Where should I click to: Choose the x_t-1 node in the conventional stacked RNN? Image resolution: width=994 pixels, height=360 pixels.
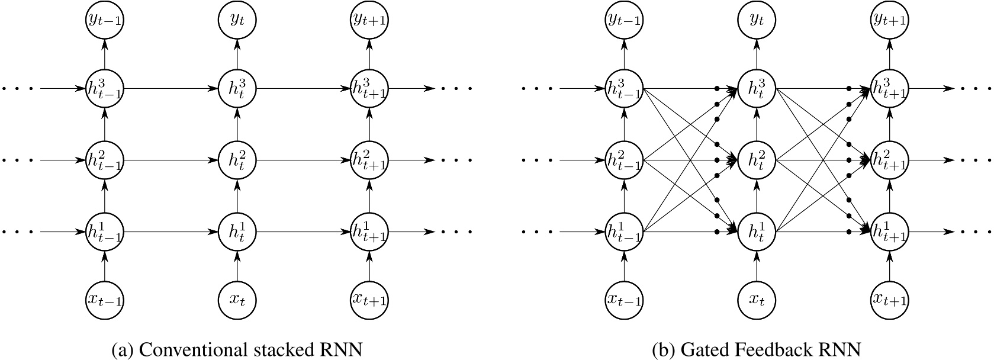(104, 299)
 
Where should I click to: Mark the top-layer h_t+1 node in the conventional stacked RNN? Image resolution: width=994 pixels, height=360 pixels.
(369, 89)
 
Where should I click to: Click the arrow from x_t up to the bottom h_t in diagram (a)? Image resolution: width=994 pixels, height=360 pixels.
(237, 265)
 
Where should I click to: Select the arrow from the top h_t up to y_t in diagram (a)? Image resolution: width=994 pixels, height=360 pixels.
(237, 54)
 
